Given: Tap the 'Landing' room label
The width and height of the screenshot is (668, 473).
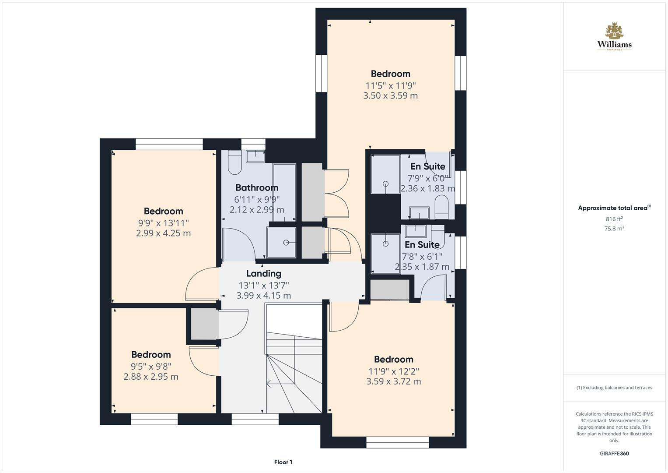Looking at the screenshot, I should tap(263, 274).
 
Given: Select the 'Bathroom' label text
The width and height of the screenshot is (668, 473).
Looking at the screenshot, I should tap(257, 188).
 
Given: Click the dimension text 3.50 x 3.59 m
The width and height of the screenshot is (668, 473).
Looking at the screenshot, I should tap(390, 95).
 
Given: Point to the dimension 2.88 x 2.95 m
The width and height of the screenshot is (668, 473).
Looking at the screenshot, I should tap(151, 377).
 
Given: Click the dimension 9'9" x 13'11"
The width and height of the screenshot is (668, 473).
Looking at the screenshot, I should tap(163, 222).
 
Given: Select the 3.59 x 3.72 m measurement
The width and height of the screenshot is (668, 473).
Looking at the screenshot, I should tap(393, 381).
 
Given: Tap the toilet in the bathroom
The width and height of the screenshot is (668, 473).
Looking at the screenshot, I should tap(234, 163).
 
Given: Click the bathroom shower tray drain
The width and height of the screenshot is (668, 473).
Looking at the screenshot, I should tap(286, 243).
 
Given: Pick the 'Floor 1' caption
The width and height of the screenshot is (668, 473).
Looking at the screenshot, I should tap(283, 462).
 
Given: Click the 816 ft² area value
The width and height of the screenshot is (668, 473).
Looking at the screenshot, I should tap(614, 219).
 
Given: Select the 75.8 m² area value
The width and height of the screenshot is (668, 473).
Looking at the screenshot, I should tap(614, 228).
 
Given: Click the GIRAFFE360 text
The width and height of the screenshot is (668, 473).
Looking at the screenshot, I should tap(614, 454).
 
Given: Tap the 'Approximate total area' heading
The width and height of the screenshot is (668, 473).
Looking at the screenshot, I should tap(613, 208).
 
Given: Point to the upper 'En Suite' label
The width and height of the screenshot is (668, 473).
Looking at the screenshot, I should tap(427, 166).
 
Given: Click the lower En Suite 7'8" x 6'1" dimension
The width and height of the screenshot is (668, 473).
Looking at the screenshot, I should tap(422, 256).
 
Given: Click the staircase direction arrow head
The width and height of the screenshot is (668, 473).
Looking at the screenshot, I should tap(268, 385).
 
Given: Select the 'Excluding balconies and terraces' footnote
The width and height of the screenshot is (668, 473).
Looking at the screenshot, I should tap(614, 388).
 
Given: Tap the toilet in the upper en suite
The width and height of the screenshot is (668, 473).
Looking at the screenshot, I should tap(441, 206).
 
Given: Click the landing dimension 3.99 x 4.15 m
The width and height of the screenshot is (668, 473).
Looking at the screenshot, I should tap(263, 296).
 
